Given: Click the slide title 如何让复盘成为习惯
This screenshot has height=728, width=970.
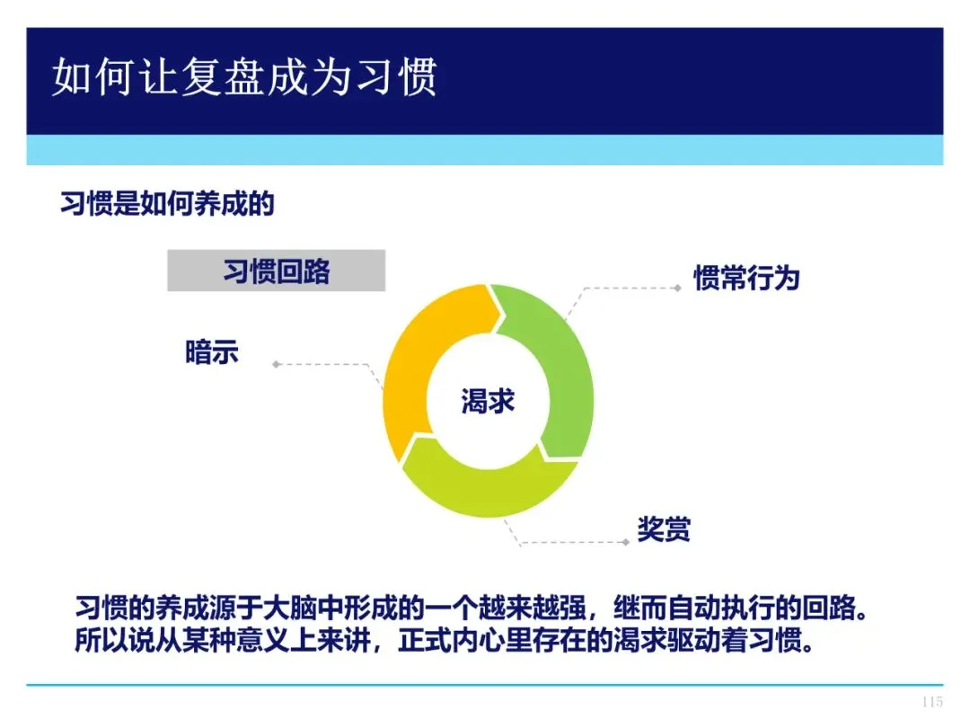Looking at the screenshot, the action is pos(244,76).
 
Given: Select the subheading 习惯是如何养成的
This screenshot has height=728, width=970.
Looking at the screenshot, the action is pos(167,203).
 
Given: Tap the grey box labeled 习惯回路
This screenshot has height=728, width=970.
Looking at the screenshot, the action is pos(276,271).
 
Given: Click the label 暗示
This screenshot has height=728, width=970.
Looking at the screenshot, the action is pos(212,352).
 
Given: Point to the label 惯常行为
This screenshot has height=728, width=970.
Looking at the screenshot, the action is pos(746,278).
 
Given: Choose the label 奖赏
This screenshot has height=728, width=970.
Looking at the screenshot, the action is pos(664,529).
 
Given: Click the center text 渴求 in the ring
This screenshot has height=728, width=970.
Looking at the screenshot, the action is pos(488,401).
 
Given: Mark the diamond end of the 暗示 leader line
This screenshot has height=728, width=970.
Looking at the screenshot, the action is pos(277,364).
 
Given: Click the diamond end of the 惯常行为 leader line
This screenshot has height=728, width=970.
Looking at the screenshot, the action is pos(678,288).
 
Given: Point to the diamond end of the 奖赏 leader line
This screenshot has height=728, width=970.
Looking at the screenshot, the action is pos(626,542).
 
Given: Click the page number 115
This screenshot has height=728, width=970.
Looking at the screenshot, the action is pos(932,702).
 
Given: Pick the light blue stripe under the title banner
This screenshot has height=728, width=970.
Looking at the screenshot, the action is pos(485,150).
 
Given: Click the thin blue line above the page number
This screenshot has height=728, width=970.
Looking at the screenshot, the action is pos(485,685).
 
